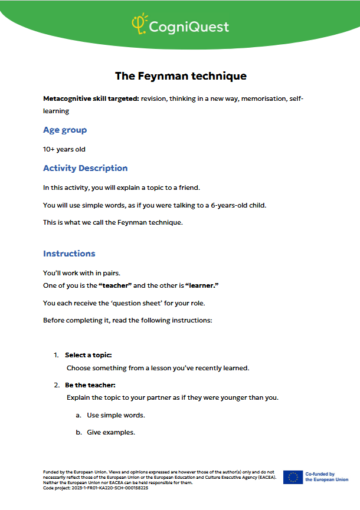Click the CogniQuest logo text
(x=188, y=27)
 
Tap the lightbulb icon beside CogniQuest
(x=138, y=24)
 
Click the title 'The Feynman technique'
(x=180, y=76)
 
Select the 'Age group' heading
(x=65, y=130)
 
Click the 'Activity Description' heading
(x=85, y=168)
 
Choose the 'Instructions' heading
(x=69, y=254)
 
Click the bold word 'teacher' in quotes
(x=115, y=285)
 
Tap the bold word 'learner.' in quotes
(x=202, y=285)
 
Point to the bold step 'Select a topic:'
(x=88, y=355)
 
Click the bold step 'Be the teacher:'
(x=90, y=385)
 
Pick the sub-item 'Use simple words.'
(x=116, y=415)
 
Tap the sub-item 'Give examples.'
(x=111, y=432)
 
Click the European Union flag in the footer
(x=292, y=477)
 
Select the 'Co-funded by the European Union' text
(x=326, y=477)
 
